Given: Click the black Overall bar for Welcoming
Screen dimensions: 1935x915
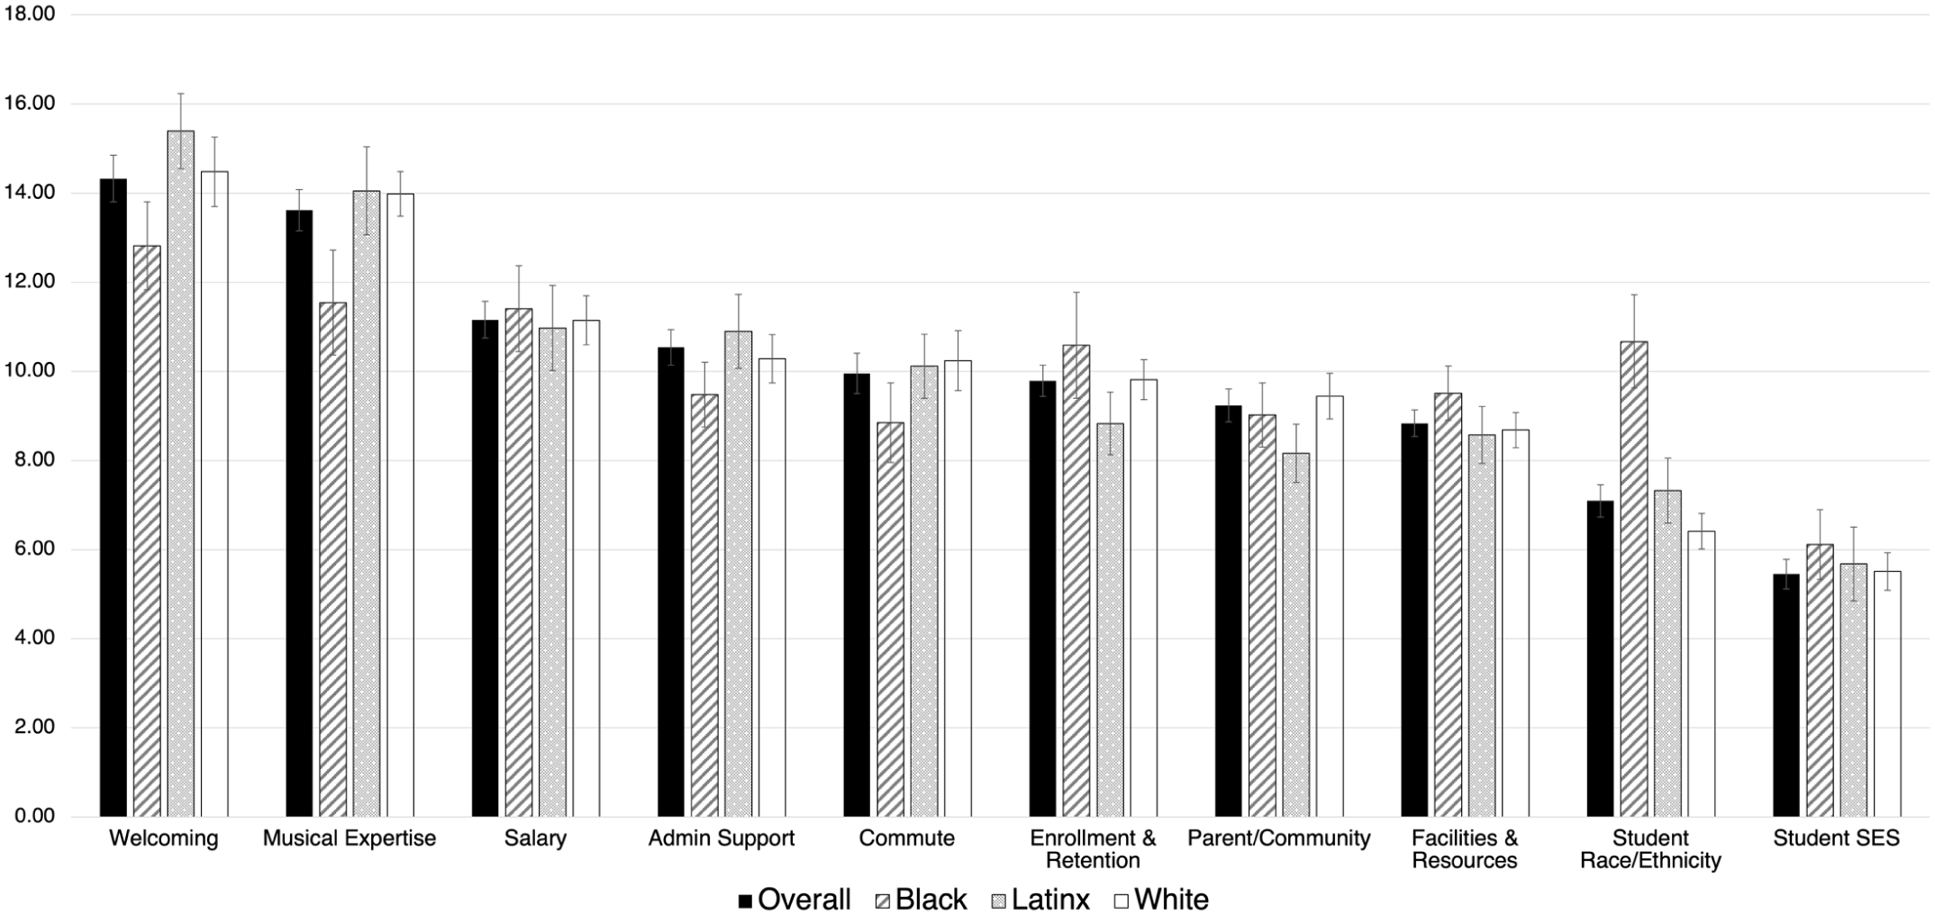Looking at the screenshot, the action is click(114, 498).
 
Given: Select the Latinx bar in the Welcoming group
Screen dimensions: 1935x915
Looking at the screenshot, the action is click(180, 474).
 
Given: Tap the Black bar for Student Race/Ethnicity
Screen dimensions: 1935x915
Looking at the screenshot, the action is click(1634, 579).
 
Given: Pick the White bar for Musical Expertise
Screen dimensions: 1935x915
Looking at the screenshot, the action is click(400, 505).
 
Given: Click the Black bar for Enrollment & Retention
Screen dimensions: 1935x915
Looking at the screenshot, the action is click(1076, 581).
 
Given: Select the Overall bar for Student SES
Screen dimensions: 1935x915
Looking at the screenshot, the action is click(1786, 695).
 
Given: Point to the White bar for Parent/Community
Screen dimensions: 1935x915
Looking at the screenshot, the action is click(1330, 606).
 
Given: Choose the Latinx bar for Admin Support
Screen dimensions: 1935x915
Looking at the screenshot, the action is click(739, 574).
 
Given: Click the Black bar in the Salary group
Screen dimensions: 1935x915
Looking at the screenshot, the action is click(518, 563).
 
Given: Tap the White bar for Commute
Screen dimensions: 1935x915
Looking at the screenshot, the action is click(958, 588).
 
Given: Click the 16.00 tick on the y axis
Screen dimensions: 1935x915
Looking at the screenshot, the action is click(30, 104).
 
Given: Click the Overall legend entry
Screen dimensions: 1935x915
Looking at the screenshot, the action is click(794, 899).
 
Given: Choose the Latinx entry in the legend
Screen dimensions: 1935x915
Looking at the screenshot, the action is click(1041, 899).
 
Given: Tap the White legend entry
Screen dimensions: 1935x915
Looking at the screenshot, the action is click(1162, 899).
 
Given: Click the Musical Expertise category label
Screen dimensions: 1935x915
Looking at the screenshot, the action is click(350, 838).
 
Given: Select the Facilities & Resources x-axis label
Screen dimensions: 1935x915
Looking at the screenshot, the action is click(1465, 849).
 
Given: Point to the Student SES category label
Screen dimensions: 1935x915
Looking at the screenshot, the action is click(1836, 838).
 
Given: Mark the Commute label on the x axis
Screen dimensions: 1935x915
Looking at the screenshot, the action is click(906, 838).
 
